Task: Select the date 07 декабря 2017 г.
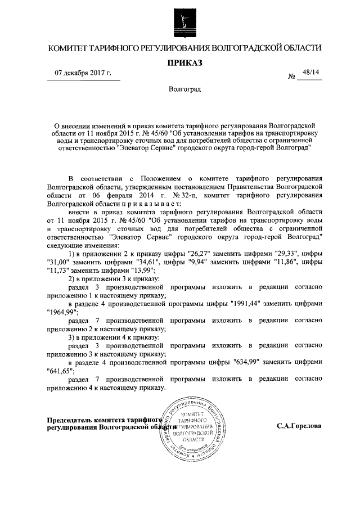(83, 73)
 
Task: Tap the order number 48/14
(310, 73)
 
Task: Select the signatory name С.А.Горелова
(299, 426)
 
